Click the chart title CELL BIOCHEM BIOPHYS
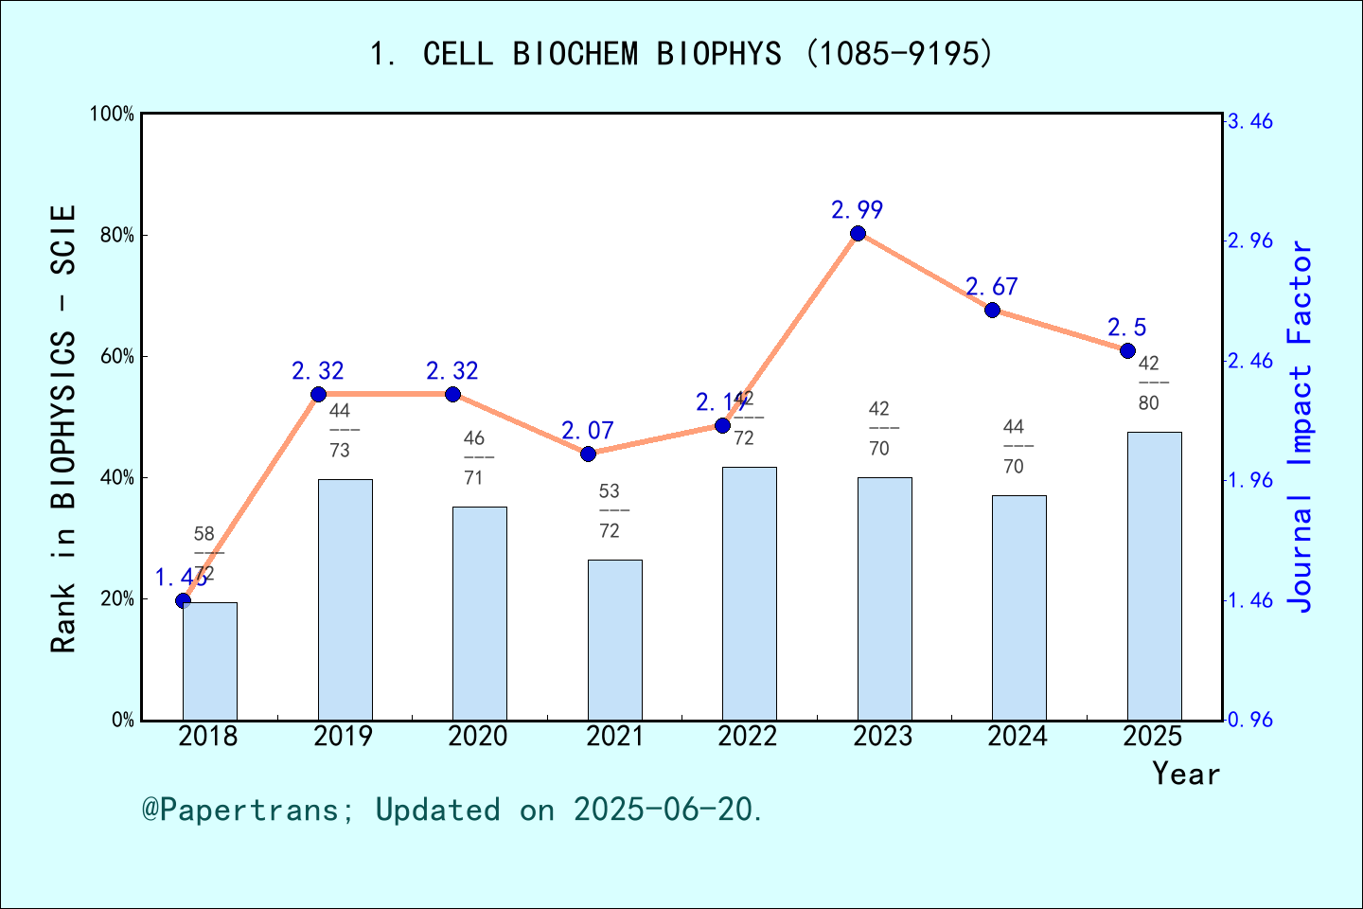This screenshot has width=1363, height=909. (x=681, y=54)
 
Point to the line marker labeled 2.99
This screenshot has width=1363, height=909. (x=858, y=234)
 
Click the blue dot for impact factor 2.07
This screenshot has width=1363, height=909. (x=588, y=454)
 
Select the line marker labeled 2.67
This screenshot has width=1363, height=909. (x=992, y=310)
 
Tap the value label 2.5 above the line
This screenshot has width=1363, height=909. (x=1126, y=328)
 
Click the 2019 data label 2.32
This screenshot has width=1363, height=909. (x=318, y=371)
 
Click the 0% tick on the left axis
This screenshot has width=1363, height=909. (x=123, y=720)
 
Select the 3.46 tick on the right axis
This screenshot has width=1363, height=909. (x=1250, y=121)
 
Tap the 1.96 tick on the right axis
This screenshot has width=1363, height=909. (x=1250, y=480)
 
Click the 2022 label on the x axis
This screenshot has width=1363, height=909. (x=748, y=736)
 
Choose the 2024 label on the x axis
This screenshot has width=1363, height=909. (x=1018, y=736)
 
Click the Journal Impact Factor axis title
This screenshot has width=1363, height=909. (x=1301, y=426)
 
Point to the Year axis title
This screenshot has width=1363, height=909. (x=1185, y=774)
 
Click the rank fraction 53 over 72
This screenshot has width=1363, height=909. (x=610, y=511)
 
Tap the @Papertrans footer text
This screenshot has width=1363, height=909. (x=452, y=810)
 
